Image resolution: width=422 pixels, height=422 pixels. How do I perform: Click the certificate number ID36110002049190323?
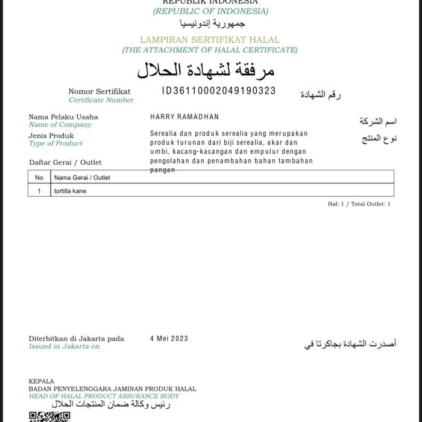click(x=219, y=91)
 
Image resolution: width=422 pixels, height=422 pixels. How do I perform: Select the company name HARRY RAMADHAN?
click(x=184, y=117)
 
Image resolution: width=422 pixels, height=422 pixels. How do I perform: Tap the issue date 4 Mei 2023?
click(x=169, y=339)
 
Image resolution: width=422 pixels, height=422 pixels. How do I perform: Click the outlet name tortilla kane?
click(x=70, y=191)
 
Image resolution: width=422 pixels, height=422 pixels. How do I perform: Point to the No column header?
click(x=39, y=178)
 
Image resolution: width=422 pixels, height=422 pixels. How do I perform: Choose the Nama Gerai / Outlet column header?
click(x=82, y=178)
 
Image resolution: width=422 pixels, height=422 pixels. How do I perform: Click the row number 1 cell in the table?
click(x=39, y=191)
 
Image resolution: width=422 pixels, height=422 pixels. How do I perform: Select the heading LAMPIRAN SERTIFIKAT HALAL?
click(x=210, y=40)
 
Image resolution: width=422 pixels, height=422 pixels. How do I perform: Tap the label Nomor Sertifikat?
click(x=99, y=92)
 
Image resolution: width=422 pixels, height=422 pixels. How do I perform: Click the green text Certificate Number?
click(x=101, y=100)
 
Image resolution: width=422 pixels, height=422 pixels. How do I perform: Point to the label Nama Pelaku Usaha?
click(x=63, y=117)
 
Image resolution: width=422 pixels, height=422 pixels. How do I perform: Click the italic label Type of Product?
click(x=55, y=143)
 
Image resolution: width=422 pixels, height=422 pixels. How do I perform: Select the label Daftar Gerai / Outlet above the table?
click(x=65, y=162)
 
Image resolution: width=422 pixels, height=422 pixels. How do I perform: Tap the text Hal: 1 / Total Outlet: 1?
click(x=359, y=204)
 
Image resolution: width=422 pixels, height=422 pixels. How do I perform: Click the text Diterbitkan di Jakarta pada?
click(x=76, y=339)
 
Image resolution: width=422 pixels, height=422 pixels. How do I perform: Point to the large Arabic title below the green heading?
click(x=206, y=71)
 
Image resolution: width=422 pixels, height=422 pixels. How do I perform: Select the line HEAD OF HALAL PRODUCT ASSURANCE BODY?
click(x=104, y=396)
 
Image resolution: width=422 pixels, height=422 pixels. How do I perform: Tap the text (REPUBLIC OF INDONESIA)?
click(x=210, y=11)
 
